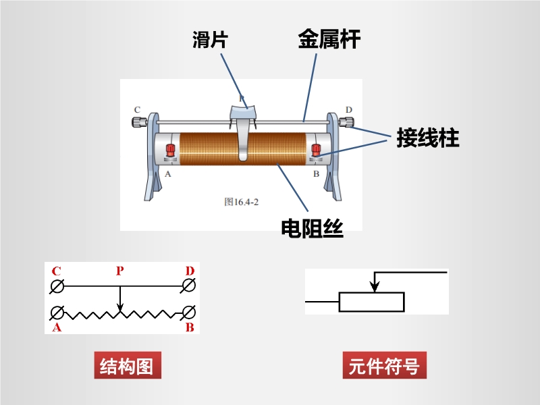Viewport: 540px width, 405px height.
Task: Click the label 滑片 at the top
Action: [x=209, y=40]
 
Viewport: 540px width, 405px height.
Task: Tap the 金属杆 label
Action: [x=329, y=40]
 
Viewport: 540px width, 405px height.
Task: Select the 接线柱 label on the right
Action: [x=428, y=138]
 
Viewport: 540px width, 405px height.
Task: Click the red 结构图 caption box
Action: [x=127, y=367]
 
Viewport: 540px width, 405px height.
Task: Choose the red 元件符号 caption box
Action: [x=384, y=367]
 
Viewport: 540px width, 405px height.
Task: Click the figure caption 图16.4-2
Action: [x=242, y=200]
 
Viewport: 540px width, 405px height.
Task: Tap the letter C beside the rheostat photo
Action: [x=137, y=109]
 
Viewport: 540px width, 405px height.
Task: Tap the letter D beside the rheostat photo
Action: [x=348, y=109]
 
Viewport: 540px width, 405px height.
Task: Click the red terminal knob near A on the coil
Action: [x=169, y=151]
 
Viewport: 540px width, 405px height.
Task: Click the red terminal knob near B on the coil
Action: [x=315, y=151]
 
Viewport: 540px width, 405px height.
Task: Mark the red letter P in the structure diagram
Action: [x=119, y=271]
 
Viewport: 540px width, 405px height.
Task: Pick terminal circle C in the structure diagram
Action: [x=58, y=287]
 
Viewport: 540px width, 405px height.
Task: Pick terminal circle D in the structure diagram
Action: [x=189, y=287]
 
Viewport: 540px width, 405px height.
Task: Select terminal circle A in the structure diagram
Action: [x=58, y=313]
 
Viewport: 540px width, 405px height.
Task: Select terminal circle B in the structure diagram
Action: [x=189, y=313]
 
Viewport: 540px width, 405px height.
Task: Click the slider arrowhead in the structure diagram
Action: [x=120, y=308]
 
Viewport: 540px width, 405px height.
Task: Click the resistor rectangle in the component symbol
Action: [x=371, y=302]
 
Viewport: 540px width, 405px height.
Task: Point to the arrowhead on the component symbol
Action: [x=374, y=288]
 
